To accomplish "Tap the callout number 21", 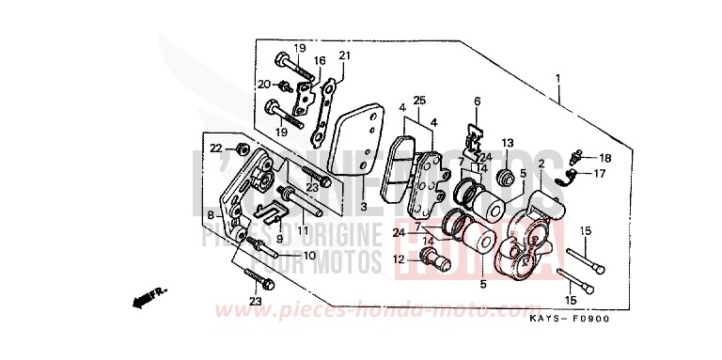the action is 343,55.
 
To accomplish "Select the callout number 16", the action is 320,61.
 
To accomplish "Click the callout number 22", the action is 215,148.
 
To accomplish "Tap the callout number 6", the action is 477,102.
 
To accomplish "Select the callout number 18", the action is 604,158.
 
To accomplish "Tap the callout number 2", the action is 541,164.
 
